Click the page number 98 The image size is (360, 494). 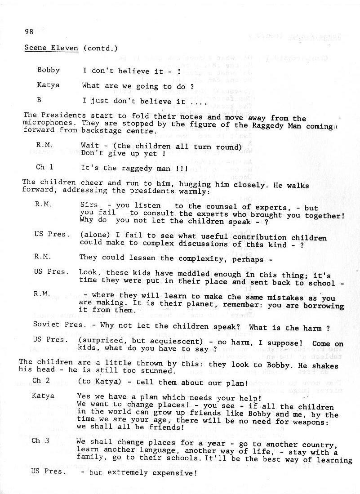pyautogui.click(x=29, y=31)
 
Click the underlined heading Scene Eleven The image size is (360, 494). pyautogui.click(x=51, y=48)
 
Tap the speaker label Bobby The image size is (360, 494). pyautogui.click(x=49, y=70)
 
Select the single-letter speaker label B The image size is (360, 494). pyautogui.click(x=39, y=100)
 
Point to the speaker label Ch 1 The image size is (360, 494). pyautogui.click(x=44, y=167)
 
